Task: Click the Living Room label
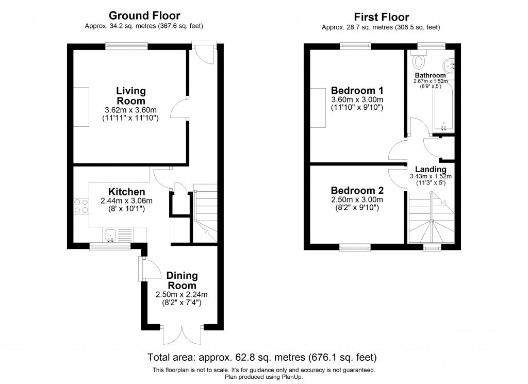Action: coord(130,96)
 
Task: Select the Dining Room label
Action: coord(182,280)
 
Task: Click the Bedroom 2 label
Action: coord(357,190)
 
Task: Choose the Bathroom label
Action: coord(430,75)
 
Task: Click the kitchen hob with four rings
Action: coord(81,206)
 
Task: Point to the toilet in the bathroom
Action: coord(419,62)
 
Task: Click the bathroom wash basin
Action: coord(449,64)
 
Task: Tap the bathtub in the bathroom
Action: coord(442,108)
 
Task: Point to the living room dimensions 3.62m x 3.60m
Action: coord(130,110)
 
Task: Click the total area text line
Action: coord(262,357)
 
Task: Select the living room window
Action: coord(127,46)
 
